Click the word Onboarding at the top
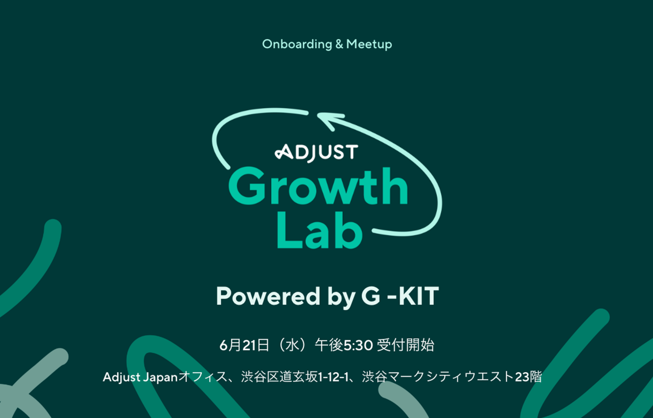(297, 44)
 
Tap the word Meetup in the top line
(369, 44)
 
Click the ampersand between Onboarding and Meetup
(339, 44)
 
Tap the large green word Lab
(319, 231)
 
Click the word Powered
(268, 296)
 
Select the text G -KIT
(400, 296)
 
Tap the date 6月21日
(244, 345)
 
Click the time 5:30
(358, 345)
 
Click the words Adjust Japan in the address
(140, 377)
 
